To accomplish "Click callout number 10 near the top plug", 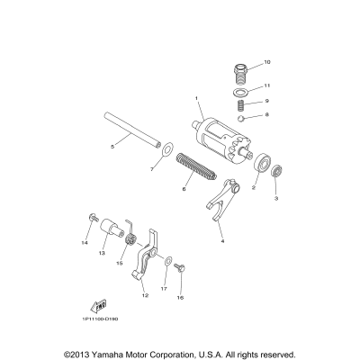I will [x=266, y=62].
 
